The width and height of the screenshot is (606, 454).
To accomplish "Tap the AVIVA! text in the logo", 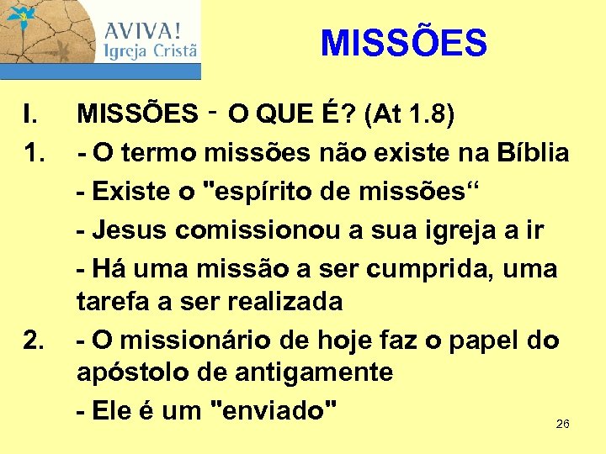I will [141, 30].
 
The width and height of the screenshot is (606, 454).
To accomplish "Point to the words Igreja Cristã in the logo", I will [151, 51].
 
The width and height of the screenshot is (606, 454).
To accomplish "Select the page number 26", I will [563, 424].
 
